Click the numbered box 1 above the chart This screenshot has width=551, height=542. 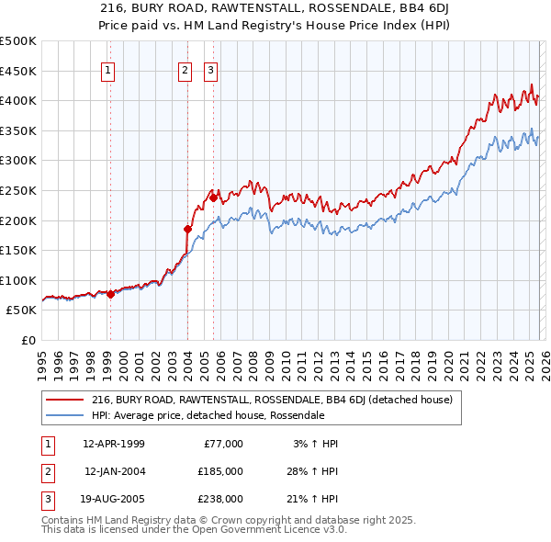coord(108,70)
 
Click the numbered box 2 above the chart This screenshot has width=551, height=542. coord(185,70)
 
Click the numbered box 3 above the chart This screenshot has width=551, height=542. coord(210,70)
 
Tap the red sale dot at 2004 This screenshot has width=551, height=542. coord(187,229)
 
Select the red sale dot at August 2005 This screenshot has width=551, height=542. coord(213,198)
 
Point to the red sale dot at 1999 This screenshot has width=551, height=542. coord(110,294)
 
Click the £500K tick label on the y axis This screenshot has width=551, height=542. coord(18,41)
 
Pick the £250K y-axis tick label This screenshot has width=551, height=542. coord(18,190)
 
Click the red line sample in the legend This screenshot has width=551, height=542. coord(64,400)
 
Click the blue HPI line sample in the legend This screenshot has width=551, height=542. coord(64,415)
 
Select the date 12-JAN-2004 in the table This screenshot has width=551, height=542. coord(116,471)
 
